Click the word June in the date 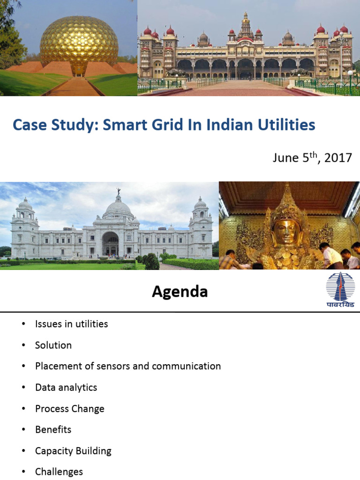[x=285, y=157]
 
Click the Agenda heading [x=180, y=292]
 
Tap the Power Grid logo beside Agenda [x=340, y=290]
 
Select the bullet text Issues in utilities [x=71, y=324]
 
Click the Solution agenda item [x=53, y=345]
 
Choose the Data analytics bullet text [x=66, y=388]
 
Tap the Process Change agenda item [x=70, y=409]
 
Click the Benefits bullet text [x=53, y=429]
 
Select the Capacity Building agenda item [x=73, y=451]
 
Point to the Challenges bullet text [x=59, y=472]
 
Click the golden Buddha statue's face [x=286, y=230]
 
